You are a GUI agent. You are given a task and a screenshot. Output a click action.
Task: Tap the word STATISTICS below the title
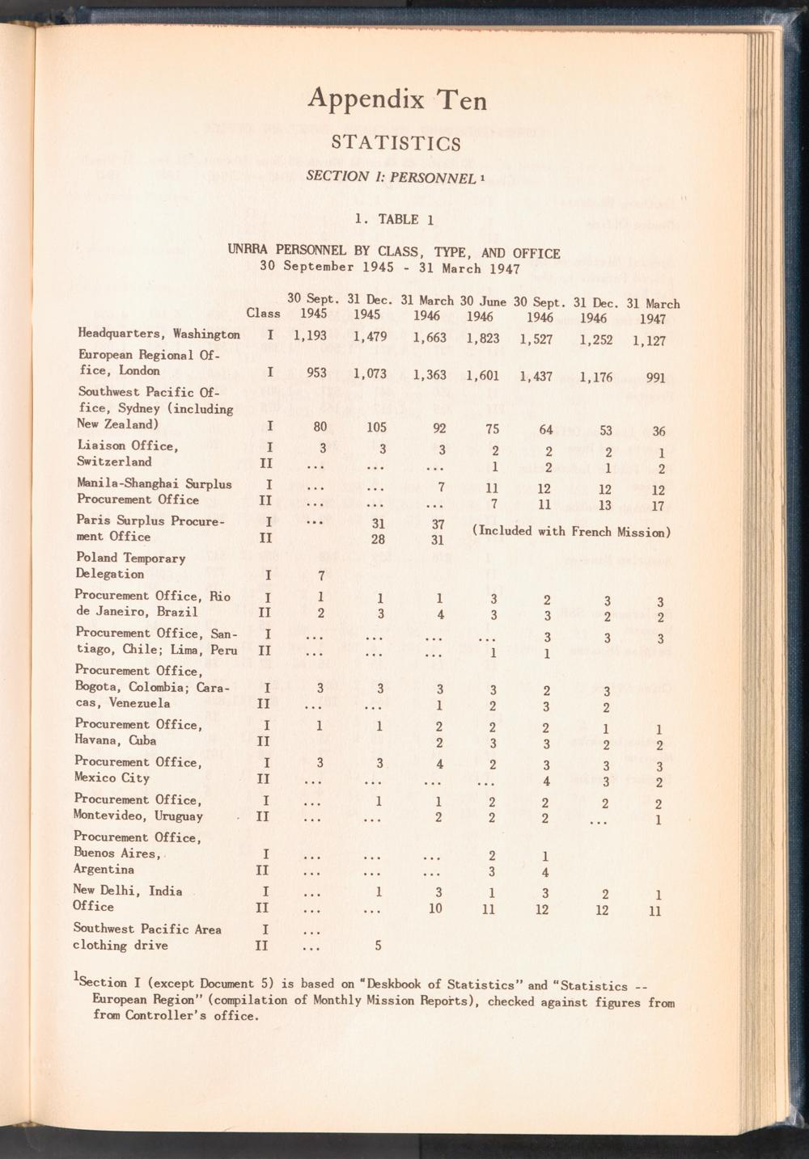pos(396,144)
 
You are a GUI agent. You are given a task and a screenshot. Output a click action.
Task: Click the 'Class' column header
pos(263,314)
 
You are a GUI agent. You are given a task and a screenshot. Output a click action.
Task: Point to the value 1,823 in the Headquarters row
pos(483,339)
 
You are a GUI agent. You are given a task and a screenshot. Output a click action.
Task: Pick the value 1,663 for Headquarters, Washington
pos(430,339)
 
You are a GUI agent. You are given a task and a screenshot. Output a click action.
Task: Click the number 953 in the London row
pos(321,373)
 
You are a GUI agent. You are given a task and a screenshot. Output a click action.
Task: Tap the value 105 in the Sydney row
pos(376,428)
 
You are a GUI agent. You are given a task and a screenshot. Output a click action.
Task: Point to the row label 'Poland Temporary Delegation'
pos(130,566)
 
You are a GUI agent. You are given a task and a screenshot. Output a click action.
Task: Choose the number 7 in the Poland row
pos(321,576)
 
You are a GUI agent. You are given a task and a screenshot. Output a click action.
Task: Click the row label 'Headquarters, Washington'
pos(159,334)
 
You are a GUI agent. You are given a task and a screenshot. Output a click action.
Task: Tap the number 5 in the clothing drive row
pos(378,945)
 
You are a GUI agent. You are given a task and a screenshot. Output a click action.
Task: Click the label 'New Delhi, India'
pos(128,891)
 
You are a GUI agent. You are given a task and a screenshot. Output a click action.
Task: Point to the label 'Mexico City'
pos(112,778)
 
